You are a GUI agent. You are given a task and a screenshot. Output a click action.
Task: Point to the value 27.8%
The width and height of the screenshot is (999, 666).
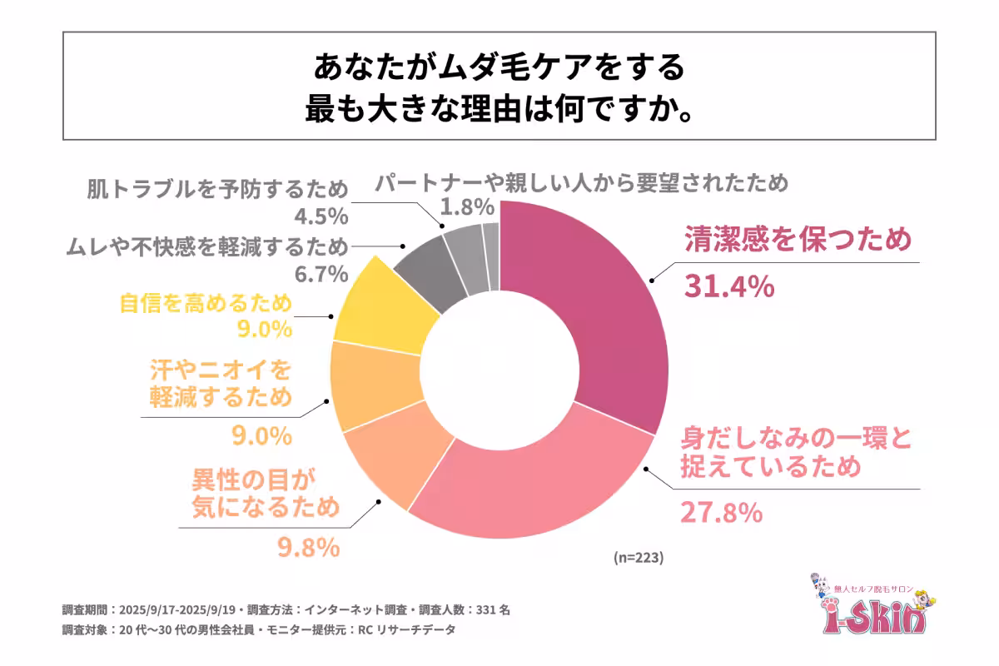721,513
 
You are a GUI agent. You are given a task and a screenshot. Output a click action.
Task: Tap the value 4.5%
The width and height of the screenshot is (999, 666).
321,216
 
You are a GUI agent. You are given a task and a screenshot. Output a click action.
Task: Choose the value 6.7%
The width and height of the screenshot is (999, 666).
321,272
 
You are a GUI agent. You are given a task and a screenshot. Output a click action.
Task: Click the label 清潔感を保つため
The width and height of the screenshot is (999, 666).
798,240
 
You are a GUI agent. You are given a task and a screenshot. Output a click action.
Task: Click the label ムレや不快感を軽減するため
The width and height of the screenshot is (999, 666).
205,246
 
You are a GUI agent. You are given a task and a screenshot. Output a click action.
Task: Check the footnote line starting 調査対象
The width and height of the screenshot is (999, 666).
259,630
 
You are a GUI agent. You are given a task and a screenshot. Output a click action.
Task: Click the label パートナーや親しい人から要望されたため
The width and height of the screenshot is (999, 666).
579,183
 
